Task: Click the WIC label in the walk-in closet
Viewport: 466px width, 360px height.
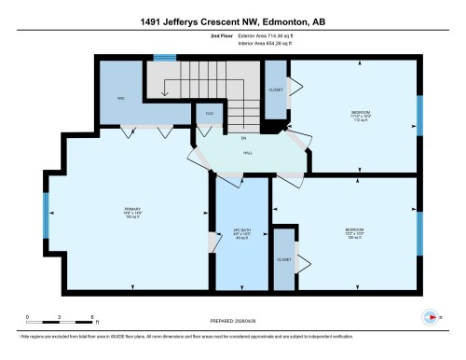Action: [x=121, y=97]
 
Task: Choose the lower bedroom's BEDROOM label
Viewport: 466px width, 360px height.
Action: [x=354, y=228]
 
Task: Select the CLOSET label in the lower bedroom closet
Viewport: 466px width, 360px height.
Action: [x=284, y=258]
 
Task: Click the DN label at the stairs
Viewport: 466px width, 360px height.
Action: [x=244, y=137]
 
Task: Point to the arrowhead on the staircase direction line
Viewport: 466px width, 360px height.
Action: [x=165, y=93]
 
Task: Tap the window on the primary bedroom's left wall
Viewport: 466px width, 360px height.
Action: [x=45, y=216]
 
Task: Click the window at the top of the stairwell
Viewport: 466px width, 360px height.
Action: [x=165, y=59]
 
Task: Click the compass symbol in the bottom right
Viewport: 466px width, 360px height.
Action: [x=430, y=318]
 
